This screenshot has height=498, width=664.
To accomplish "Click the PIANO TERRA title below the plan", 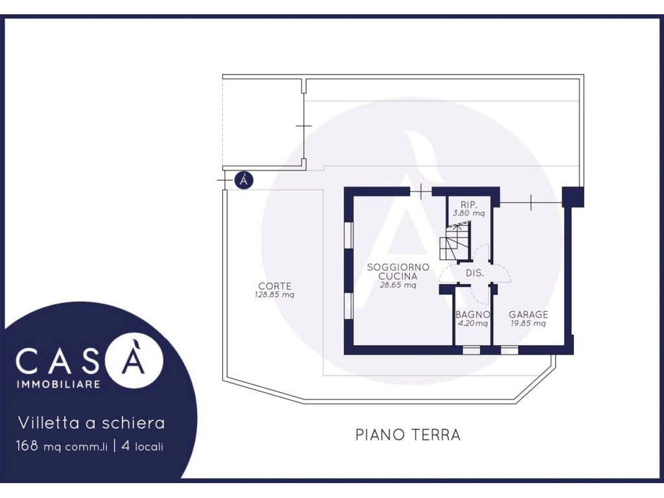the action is coord(408,434).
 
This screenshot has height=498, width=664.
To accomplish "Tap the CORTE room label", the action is coord(275,286).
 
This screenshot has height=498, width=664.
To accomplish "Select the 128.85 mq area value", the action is coord(274,295).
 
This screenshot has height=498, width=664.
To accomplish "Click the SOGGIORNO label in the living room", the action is coord(398,267).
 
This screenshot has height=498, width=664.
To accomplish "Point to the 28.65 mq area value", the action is coord(398,285).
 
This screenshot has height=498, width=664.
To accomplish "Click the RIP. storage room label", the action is coord(469,204).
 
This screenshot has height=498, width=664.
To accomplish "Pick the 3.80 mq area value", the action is coord(469,213).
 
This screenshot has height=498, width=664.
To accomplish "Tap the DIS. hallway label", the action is coord(475,273).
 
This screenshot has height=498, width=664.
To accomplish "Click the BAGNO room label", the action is coord(473,314).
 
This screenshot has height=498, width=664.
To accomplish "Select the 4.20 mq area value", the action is coord(473,324).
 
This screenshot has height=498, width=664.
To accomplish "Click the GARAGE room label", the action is coord(528,314).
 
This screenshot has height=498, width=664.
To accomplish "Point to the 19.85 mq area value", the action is coord(528,324).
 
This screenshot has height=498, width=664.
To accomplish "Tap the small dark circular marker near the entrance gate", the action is coord(244,180).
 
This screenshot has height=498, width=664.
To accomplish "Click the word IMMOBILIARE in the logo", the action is coord(58,384).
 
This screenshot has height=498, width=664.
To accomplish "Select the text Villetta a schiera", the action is coord(91,423).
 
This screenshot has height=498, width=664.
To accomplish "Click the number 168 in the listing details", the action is coord(27,445).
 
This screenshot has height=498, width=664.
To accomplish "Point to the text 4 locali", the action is coord(142,446).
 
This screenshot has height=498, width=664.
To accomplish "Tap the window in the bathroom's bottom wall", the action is coord(471,350).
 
